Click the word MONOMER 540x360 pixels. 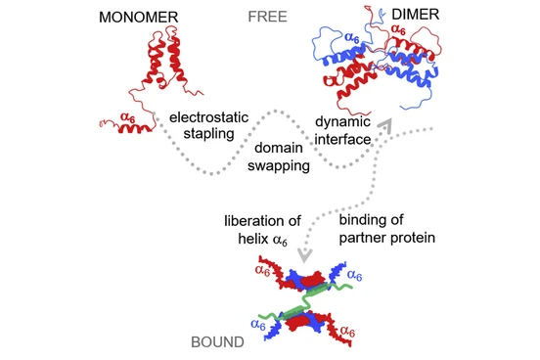[x=139, y=18]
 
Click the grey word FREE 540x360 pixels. [x=268, y=17]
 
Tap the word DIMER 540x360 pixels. [x=416, y=15]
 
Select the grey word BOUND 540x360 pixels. [x=217, y=342]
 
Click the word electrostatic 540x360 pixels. [x=208, y=117]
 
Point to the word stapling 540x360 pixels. [x=208, y=134]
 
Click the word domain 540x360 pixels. [x=279, y=148]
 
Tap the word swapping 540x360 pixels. [x=279, y=165]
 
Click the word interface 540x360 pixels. [x=342, y=140]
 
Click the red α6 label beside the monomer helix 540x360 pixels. [x=128, y=117]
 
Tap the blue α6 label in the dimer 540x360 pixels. [x=352, y=37]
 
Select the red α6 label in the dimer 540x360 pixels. [x=398, y=29]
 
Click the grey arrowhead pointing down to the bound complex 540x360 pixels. [x=305, y=255]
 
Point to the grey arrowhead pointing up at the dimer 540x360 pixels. [x=385, y=126]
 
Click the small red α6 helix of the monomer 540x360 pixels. [x=135, y=129]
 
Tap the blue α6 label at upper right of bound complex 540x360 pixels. [x=355, y=275]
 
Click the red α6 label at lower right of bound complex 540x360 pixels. [x=347, y=332]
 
